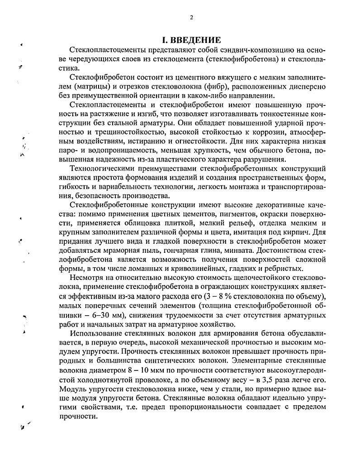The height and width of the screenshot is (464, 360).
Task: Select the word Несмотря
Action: (x=86, y=278)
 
